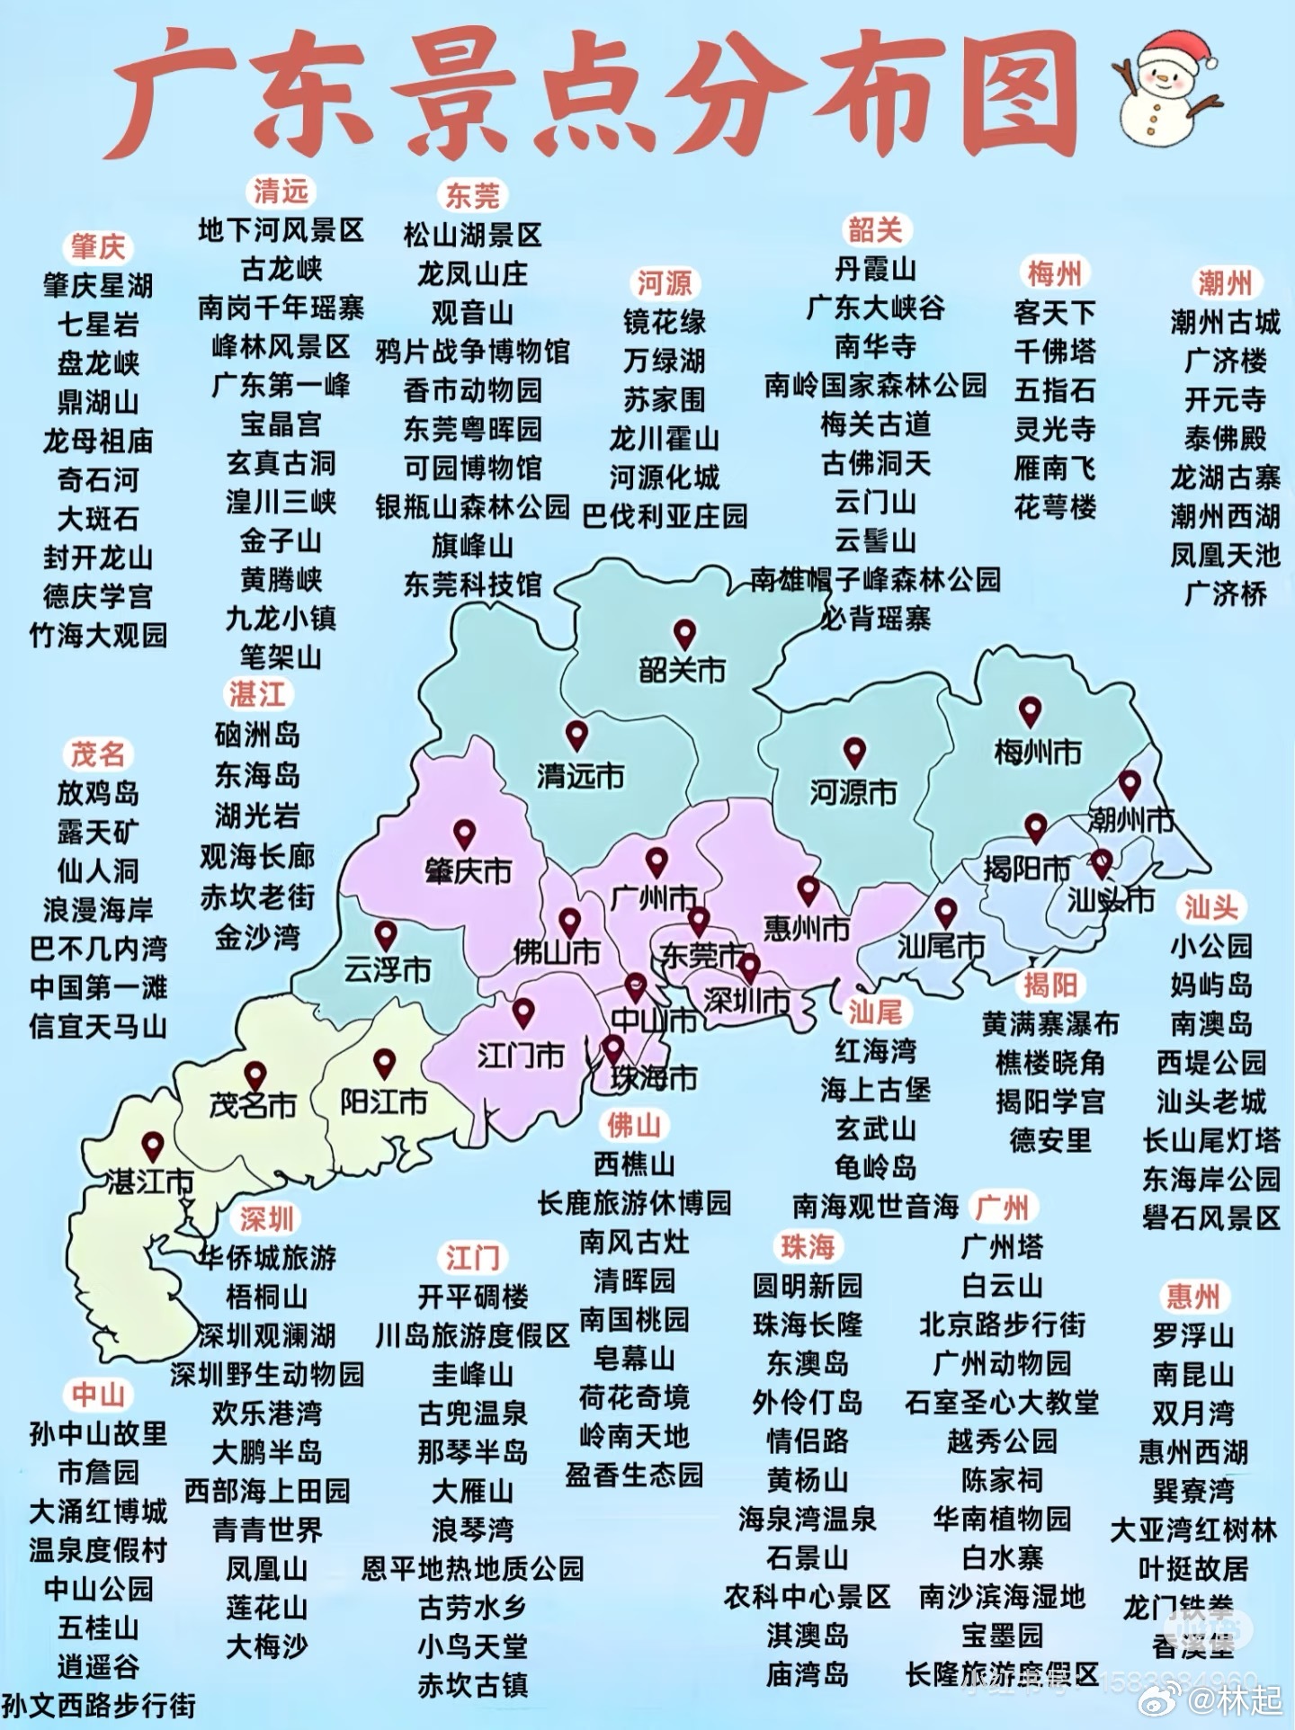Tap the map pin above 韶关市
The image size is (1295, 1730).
click(x=684, y=633)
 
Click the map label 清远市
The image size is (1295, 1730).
click(x=580, y=775)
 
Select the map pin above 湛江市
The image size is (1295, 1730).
click(x=153, y=1146)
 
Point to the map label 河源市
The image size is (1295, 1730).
click(x=853, y=792)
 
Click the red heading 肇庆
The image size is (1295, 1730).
click(x=98, y=246)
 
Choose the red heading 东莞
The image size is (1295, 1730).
click(x=472, y=195)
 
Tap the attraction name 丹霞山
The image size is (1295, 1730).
click(x=875, y=269)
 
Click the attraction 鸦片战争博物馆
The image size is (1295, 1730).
click(x=472, y=351)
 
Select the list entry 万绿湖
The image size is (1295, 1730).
click(x=664, y=361)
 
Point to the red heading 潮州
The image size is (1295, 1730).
click(x=1224, y=283)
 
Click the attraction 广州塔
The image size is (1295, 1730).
click(x=1002, y=1246)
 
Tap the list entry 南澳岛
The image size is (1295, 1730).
click(x=1210, y=1023)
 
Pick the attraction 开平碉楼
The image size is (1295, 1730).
click(x=472, y=1297)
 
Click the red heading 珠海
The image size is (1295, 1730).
click(x=807, y=1246)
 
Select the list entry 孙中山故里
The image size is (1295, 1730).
click(x=98, y=1433)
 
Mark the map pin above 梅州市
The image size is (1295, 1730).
click(x=1030, y=711)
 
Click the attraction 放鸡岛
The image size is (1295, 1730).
click(x=98, y=793)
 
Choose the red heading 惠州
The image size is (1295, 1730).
click(x=1192, y=1297)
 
